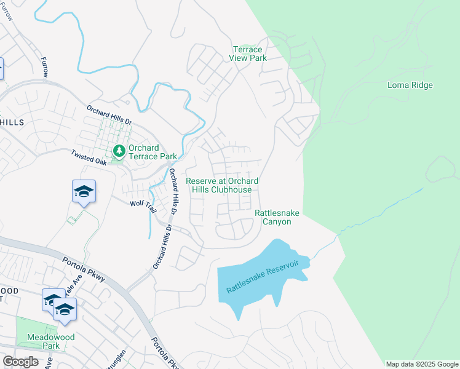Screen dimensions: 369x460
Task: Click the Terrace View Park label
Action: tap(248, 54)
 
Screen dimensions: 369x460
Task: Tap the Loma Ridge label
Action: tap(410, 85)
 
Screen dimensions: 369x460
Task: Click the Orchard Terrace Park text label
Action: tap(144, 152)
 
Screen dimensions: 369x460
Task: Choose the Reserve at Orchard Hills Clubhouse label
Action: tap(222, 185)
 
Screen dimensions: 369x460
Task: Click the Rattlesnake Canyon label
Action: tap(277, 217)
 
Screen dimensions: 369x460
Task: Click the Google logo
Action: tap(20, 362)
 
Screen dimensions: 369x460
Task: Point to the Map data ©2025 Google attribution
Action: tap(422, 364)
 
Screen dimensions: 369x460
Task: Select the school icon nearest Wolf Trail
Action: tap(84, 192)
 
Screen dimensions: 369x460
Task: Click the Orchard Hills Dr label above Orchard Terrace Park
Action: tap(109, 113)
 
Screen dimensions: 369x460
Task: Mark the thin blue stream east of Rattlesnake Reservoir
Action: tap(381, 209)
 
